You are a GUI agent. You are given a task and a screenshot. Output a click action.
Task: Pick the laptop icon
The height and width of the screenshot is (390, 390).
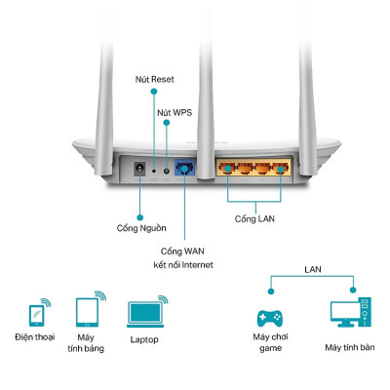[x=143, y=313]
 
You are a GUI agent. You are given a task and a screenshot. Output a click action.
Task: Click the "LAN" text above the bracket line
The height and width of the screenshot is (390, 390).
[x=312, y=267]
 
